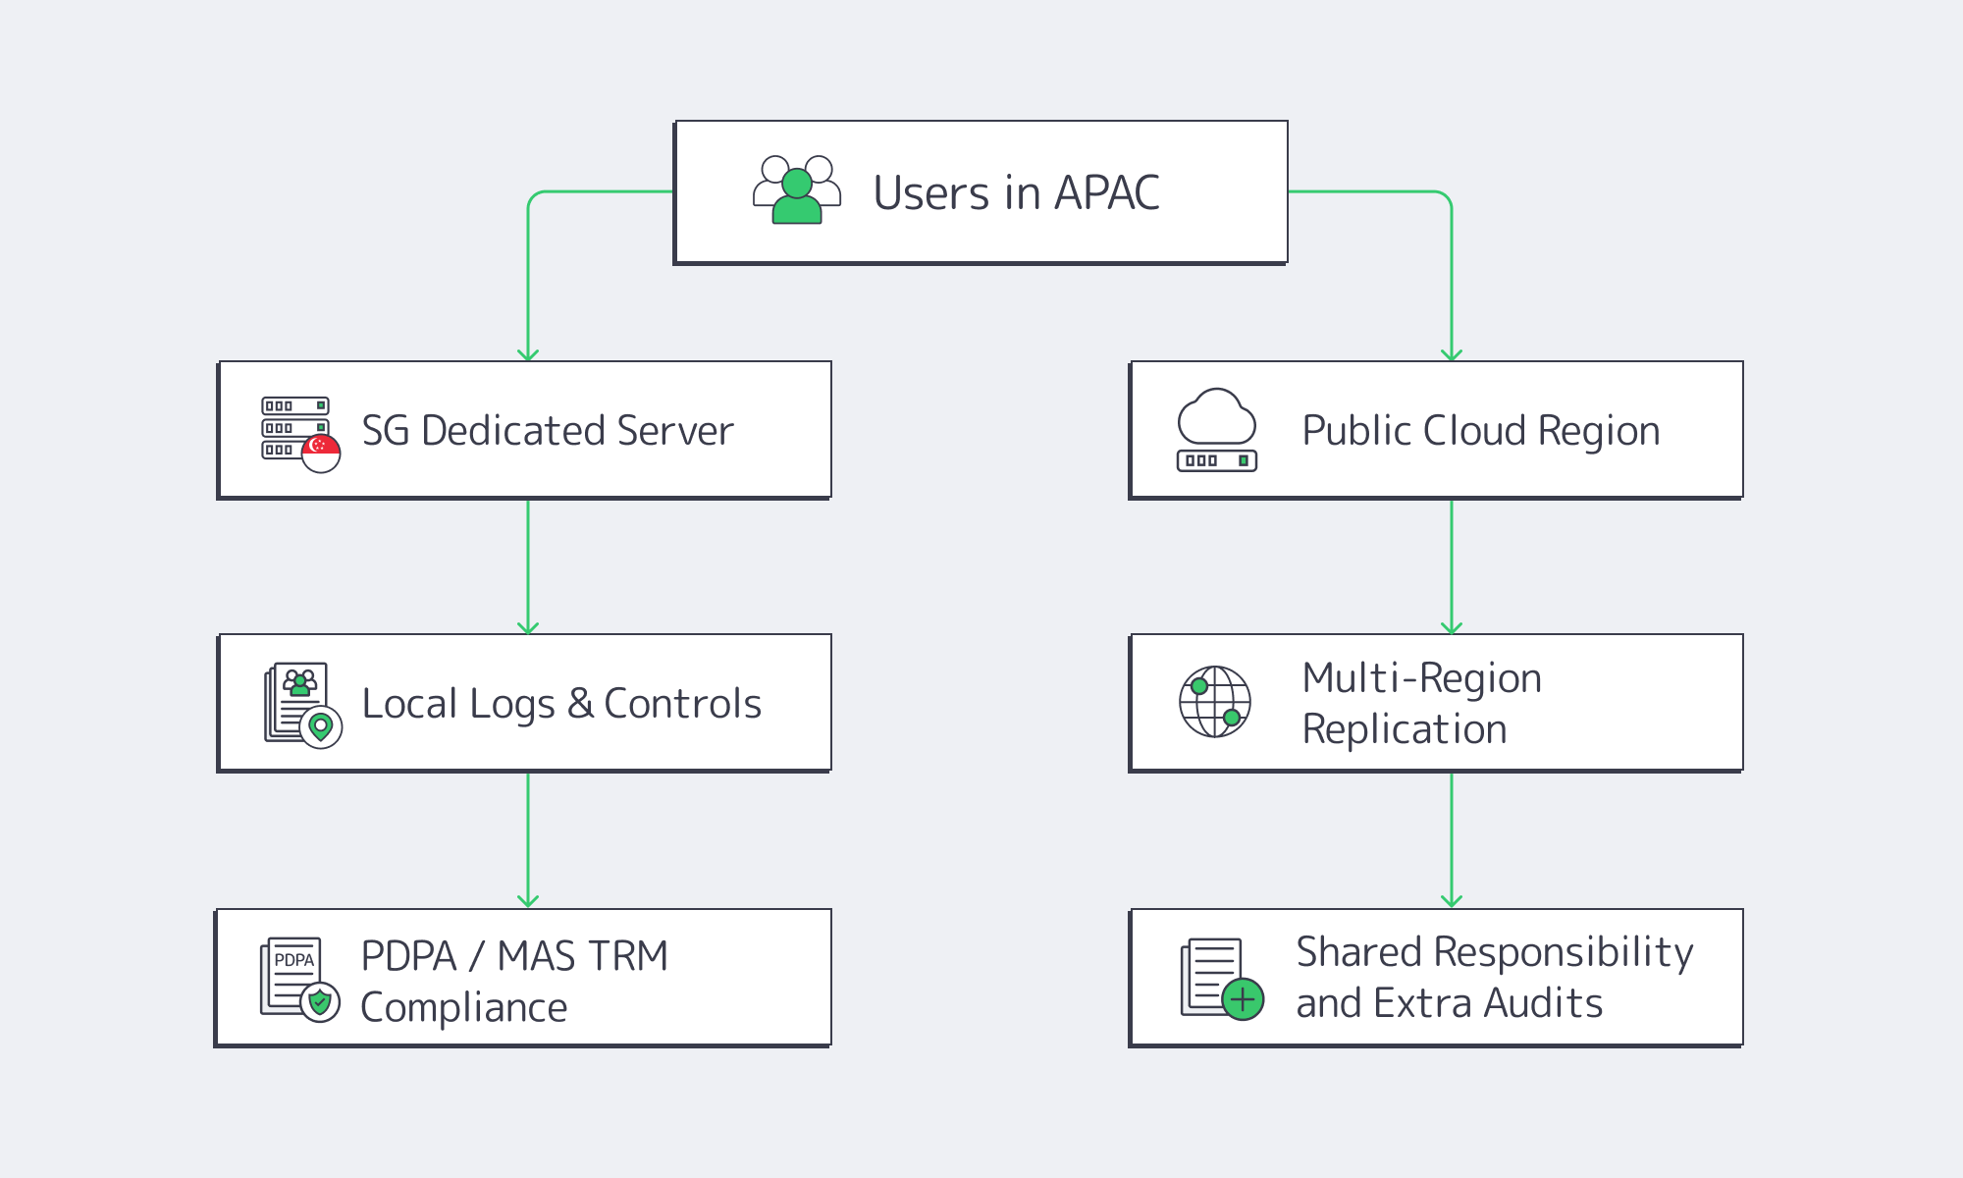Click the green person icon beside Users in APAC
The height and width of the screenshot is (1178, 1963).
(797, 196)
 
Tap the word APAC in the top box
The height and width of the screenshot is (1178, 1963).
(1106, 192)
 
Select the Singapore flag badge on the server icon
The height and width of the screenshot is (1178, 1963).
(320, 453)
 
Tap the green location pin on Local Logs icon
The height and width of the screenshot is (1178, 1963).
(320, 726)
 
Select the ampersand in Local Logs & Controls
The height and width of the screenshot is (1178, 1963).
(580, 704)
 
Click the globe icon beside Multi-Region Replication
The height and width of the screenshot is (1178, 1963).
(1215, 702)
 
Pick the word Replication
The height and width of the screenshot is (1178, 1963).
(1404, 729)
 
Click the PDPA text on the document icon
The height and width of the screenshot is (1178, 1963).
(293, 959)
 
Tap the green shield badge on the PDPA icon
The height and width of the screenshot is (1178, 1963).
(320, 1002)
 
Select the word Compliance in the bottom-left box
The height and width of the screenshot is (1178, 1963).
(463, 1008)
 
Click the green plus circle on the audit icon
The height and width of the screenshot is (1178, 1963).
(1243, 999)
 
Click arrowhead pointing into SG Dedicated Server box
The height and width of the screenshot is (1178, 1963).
(528, 354)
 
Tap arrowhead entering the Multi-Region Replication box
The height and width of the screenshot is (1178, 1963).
(1452, 627)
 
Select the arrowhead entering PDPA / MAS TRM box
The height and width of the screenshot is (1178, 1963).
(528, 900)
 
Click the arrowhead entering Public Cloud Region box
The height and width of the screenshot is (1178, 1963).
(1452, 354)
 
